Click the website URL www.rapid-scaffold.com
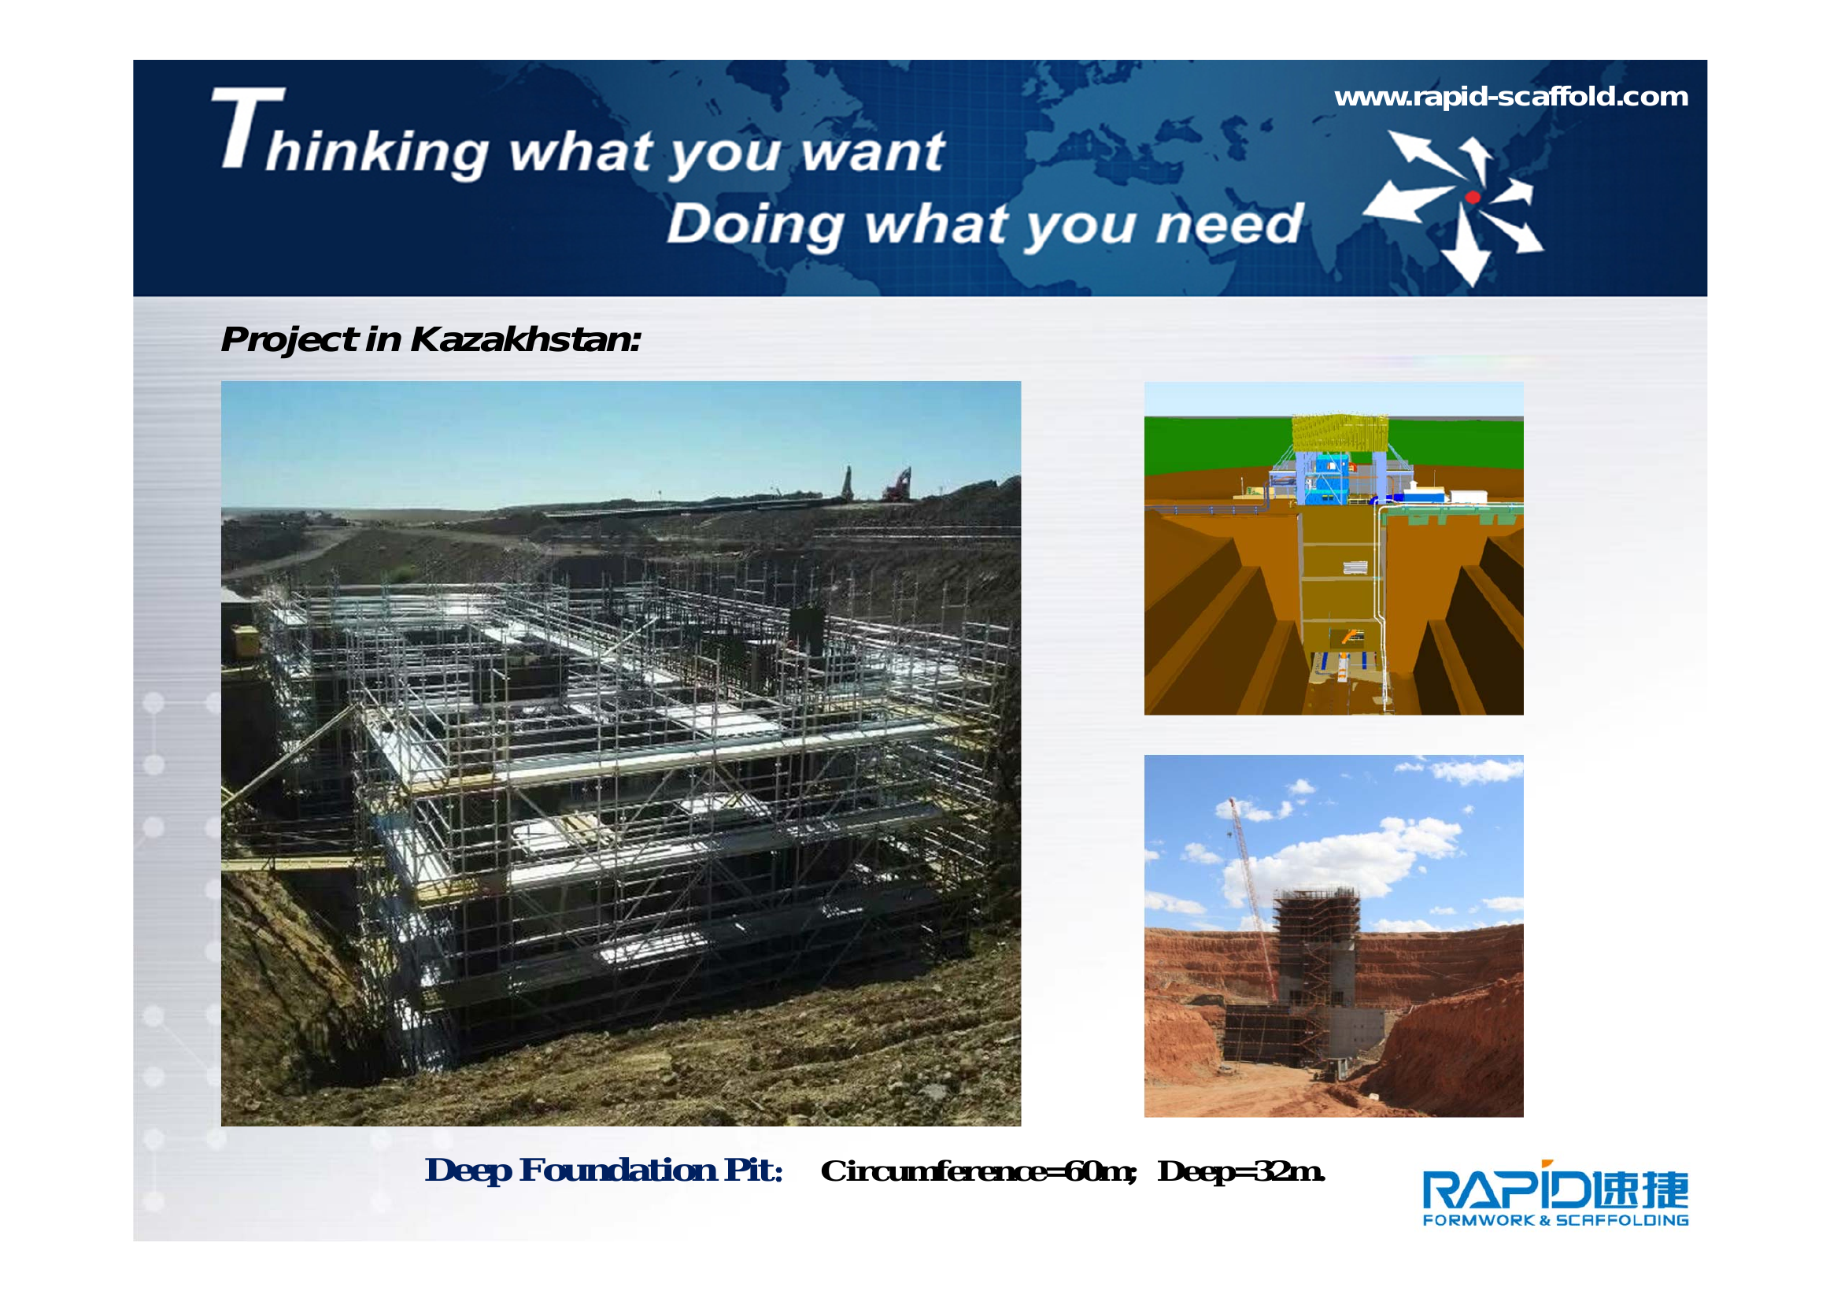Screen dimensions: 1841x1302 coord(1510,97)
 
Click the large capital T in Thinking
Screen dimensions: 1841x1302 coord(248,128)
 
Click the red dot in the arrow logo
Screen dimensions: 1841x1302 coord(1472,198)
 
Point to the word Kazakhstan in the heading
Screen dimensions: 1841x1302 coord(525,339)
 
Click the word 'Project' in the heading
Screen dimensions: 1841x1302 coord(289,340)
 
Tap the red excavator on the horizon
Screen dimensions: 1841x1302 coord(897,485)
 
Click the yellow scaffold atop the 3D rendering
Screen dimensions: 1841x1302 coord(1339,433)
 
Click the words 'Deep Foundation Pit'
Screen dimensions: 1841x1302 coord(604,1171)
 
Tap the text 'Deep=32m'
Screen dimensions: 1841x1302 coord(1241,1172)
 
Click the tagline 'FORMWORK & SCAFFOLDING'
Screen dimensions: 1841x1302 coord(1555,1221)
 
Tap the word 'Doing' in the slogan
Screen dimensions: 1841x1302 coord(756,224)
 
